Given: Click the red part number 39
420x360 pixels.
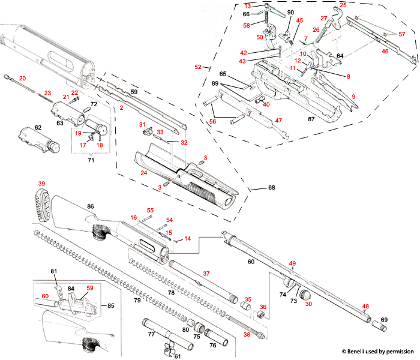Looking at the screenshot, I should point(41,184).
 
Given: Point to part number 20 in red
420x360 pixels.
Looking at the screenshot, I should point(23,79).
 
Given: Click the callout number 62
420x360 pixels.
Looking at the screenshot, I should point(38,127).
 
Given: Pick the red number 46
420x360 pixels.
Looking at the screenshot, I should point(385,52).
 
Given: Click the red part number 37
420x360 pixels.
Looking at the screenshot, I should point(206,273).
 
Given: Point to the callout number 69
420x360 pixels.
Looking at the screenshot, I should point(385,320).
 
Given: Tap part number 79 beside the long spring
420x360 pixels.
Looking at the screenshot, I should point(137,299).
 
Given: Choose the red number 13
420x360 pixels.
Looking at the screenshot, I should point(247,5).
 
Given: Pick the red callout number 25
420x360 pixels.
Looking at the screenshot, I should point(343,5).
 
